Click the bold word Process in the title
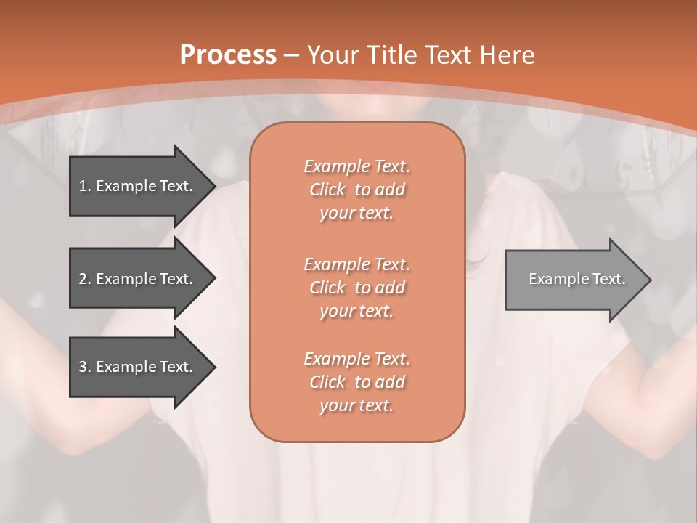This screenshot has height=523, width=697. [x=228, y=55]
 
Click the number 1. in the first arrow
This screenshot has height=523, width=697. [x=85, y=186]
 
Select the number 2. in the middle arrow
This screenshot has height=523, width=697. [x=85, y=279]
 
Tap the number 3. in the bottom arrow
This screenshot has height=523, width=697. [x=85, y=367]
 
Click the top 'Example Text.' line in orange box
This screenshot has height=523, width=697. [x=356, y=166]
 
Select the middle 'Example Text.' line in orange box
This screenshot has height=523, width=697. [x=356, y=264]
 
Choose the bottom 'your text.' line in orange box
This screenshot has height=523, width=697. [x=356, y=406]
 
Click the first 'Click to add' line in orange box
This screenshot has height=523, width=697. [x=356, y=190]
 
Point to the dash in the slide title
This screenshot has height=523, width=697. [x=292, y=55]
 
